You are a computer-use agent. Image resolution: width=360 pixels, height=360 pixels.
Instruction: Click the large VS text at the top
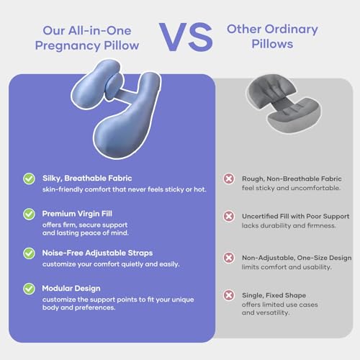180,36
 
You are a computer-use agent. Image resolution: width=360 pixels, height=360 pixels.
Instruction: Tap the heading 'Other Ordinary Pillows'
271,36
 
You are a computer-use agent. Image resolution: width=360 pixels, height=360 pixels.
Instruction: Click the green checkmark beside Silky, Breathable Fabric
29,178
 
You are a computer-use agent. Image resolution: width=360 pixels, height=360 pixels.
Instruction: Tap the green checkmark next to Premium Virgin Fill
29,215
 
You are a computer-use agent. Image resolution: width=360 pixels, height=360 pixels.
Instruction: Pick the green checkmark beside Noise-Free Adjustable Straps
29,253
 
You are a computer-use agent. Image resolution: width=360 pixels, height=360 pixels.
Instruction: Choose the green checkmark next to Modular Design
29,289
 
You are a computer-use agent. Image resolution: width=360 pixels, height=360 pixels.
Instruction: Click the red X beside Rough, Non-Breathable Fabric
229,178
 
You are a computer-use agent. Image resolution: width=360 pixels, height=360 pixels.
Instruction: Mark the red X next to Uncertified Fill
229,215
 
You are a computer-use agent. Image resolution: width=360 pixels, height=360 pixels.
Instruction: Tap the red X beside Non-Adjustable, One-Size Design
229,257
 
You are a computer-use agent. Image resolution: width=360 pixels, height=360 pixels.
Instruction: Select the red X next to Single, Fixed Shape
229,295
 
